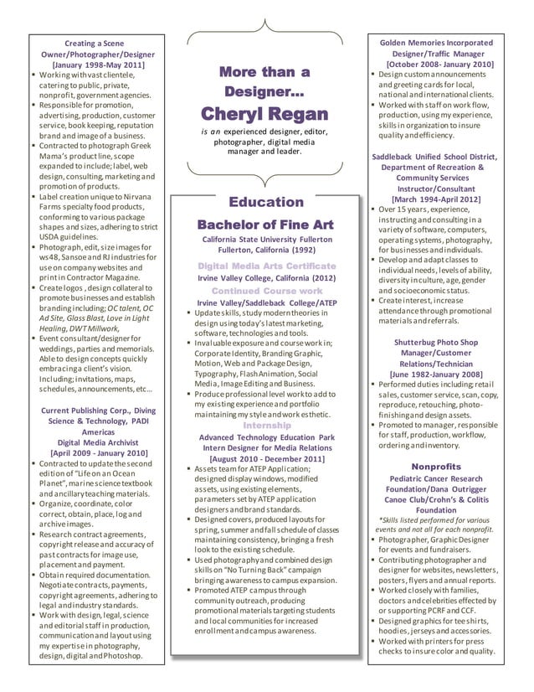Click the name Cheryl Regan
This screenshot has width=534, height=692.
(264, 113)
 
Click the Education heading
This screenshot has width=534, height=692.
(265, 203)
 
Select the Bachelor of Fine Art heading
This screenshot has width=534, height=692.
(264, 225)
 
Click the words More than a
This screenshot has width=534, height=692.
(264, 72)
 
